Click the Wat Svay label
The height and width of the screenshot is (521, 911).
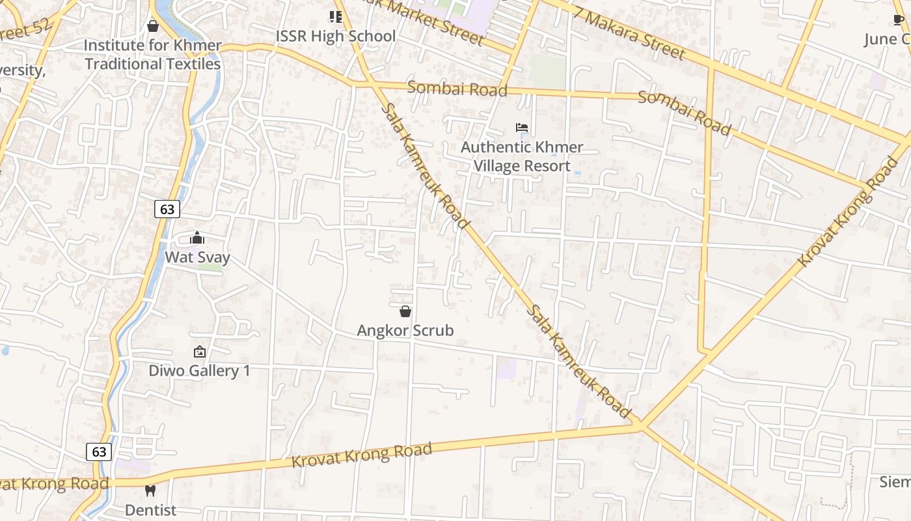click(x=197, y=257)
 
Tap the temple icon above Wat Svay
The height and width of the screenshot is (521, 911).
click(x=197, y=238)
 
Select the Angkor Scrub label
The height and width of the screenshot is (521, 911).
click(x=405, y=331)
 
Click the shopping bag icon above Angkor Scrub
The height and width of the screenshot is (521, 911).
click(x=405, y=312)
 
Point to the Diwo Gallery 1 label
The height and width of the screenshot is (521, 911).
click(x=199, y=371)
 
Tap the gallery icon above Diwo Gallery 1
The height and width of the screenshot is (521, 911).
click(x=199, y=352)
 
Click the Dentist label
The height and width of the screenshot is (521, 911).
click(x=150, y=510)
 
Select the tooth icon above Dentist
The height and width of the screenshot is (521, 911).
click(x=150, y=491)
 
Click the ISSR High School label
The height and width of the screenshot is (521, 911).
click(x=336, y=36)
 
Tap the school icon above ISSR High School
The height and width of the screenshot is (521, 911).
click(x=335, y=17)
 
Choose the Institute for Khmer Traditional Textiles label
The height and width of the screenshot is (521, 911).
click(x=153, y=55)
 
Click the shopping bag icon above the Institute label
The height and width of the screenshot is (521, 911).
click(x=153, y=27)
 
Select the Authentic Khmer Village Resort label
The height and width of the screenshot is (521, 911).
click(x=522, y=157)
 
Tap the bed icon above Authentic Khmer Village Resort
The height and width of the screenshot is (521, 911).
click(x=522, y=128)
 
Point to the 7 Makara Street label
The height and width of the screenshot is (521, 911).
click(x=629, y=32)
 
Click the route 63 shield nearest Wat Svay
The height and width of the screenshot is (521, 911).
click(x=167, y=209)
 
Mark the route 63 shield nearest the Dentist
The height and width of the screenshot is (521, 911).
click(x=99, y=452)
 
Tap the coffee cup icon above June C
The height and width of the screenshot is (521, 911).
click(x=899, y=20)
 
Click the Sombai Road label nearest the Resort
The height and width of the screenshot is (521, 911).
click(x=457, y=89)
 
